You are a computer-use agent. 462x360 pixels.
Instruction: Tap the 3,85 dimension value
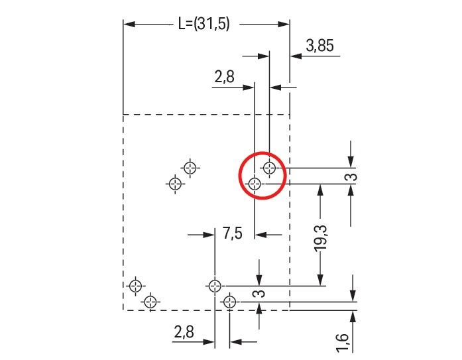pyautogui.click(x=319, y=46)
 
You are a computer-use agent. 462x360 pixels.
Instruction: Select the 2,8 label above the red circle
pyautogui.click(x=224, y=78)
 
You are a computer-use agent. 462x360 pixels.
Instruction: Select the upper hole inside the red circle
pyautogui.click(x=269, y=168)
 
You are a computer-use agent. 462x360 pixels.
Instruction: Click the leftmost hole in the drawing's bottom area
pyautogui.click(x=136, y=286)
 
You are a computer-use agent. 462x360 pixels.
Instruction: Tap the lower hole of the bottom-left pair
pyautogui.click(x=151, y=302)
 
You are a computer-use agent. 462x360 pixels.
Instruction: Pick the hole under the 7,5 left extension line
pyautogui.click(x=214, y=286)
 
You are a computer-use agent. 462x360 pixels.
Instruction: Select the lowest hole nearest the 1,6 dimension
pyautogui.click(x=230, y=302)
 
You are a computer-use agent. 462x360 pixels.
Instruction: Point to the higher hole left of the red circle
pyautogui.click(x=191, y=167)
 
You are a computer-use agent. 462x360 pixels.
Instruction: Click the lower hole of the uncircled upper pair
pyautogui.click(x=175, y=183)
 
